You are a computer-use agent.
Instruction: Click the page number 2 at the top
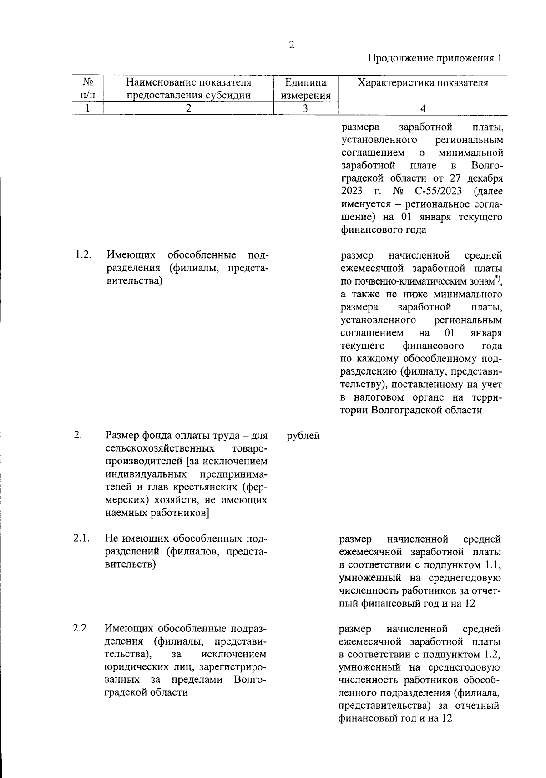point(291,45)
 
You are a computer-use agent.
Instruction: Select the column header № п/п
point(88,89)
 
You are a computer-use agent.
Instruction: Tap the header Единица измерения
point(305,89)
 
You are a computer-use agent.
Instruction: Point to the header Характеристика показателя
point(423,83)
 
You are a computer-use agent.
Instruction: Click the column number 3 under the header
point(305,108)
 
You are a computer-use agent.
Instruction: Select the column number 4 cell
point(423,108)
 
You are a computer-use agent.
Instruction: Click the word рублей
point(303,436)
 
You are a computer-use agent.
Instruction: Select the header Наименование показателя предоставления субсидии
point(188,89)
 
